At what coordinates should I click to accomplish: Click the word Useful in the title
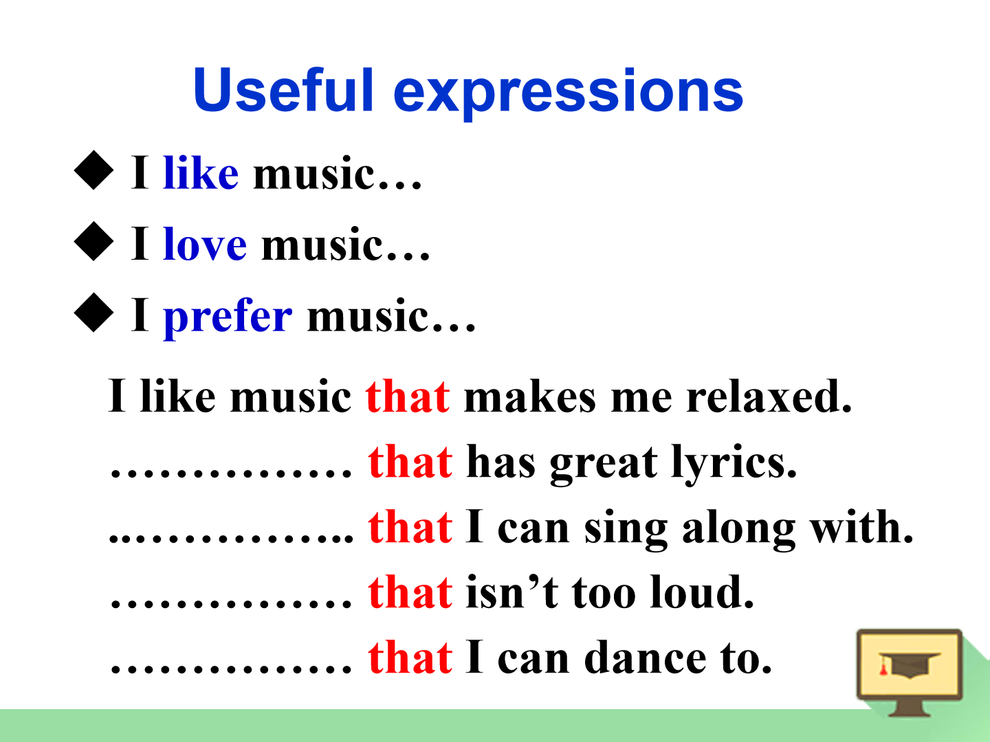pos(283,89)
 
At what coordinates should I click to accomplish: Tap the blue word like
pos(201,172)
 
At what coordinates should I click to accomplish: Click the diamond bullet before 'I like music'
pos(93,170)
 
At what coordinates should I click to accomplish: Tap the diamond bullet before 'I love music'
pos(93,241)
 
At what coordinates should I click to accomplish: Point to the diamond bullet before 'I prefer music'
pos(93,312)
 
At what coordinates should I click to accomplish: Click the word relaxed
pos(769,396)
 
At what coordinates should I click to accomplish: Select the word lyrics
pos(734,464)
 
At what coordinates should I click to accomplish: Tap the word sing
pos(626,529)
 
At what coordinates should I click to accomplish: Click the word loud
pos(702,592)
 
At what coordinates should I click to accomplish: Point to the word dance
pos(645,657)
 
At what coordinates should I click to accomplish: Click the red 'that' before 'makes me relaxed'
pos(407,396)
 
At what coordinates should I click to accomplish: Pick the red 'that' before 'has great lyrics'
pos(410,461)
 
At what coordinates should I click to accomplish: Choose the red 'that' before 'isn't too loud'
pos(410,592)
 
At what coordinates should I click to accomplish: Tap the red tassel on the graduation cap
pos(883,666)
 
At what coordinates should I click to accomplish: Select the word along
pos(739,529)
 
